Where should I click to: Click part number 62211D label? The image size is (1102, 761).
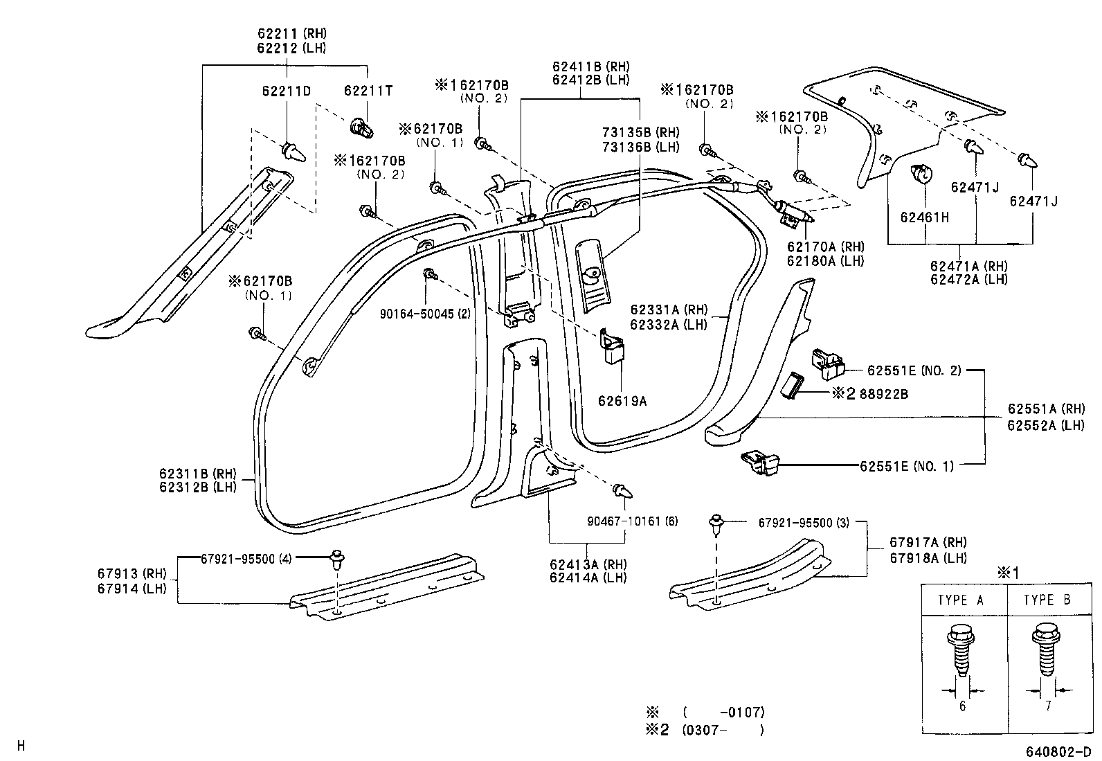click(287, 91)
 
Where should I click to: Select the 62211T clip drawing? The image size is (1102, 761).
click(361, 129)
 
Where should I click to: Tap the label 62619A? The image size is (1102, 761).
click(622, 400)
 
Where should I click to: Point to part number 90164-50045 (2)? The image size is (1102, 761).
click(425, 314)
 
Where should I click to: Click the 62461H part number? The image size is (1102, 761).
click(924, 217)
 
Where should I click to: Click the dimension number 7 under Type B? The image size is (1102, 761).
click(1049, 706)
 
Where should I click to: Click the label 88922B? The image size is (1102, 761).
click(883, 394)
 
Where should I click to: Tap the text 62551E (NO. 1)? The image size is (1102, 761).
click(907, 466)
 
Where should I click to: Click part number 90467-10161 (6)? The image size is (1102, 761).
click(633, 521)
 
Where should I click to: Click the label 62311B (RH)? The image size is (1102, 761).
click(198, 474)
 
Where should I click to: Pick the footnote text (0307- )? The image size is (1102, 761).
click(723, 730)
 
